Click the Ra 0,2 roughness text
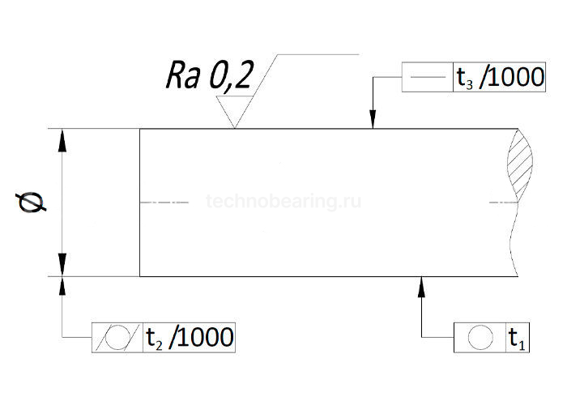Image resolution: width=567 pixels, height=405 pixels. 210,76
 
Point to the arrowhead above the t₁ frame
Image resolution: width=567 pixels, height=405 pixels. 423,283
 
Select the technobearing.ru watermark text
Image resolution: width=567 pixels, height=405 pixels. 283,201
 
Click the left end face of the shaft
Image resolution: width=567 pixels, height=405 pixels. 140,202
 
